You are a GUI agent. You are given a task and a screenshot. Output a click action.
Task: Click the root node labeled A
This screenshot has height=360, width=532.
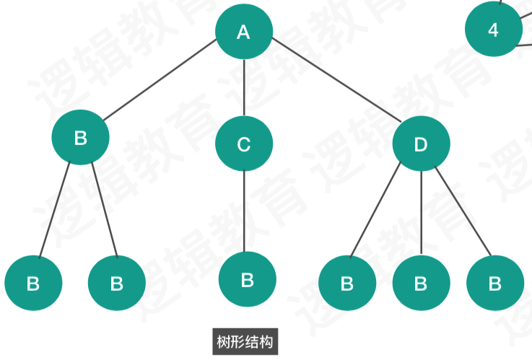pos(244,32)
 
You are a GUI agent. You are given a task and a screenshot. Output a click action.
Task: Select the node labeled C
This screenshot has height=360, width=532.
pos(244,144)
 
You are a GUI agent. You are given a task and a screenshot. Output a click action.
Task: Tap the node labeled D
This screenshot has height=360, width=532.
pos(421,144)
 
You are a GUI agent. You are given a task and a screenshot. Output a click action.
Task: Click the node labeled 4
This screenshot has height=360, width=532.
pos(493,30)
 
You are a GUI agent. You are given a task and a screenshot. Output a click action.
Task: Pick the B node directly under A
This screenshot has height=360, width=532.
pos(81,138)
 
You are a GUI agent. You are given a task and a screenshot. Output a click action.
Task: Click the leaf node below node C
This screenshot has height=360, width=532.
pos(247,280)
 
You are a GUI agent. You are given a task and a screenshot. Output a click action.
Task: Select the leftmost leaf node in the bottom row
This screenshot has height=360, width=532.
pos(33,284)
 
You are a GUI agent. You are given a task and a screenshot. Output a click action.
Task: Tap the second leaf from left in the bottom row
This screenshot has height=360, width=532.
pos(116,284)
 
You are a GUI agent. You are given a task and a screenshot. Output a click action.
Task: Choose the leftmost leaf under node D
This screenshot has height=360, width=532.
pos(347,284)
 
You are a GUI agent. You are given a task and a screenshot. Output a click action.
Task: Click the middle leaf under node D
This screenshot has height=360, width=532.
pos(421,284)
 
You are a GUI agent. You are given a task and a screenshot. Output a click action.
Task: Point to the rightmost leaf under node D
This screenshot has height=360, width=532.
pos(494,284)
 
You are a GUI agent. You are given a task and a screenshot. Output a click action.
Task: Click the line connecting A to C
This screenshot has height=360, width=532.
pos(244,88)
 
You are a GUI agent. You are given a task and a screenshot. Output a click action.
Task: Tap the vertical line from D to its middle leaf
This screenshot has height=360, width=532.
pos(421,213)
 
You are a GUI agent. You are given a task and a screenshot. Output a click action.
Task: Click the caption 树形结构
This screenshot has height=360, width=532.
pos(245,341)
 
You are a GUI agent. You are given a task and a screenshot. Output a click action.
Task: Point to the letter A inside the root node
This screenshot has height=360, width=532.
pos(244,32)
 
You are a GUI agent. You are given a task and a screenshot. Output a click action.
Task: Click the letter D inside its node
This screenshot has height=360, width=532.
pos(421,144)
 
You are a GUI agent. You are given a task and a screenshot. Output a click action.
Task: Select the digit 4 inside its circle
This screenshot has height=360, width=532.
pos(493,30)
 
